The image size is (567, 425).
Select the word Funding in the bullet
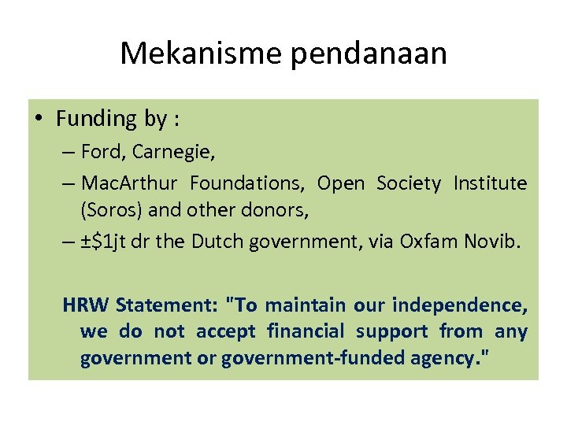[97, 119]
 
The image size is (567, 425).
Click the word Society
[409, 183]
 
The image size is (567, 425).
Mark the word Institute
[490, 183]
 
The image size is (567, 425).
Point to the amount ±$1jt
[107, 242]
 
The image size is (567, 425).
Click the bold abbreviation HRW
[86, 305]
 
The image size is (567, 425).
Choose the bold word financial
[306, 331]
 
